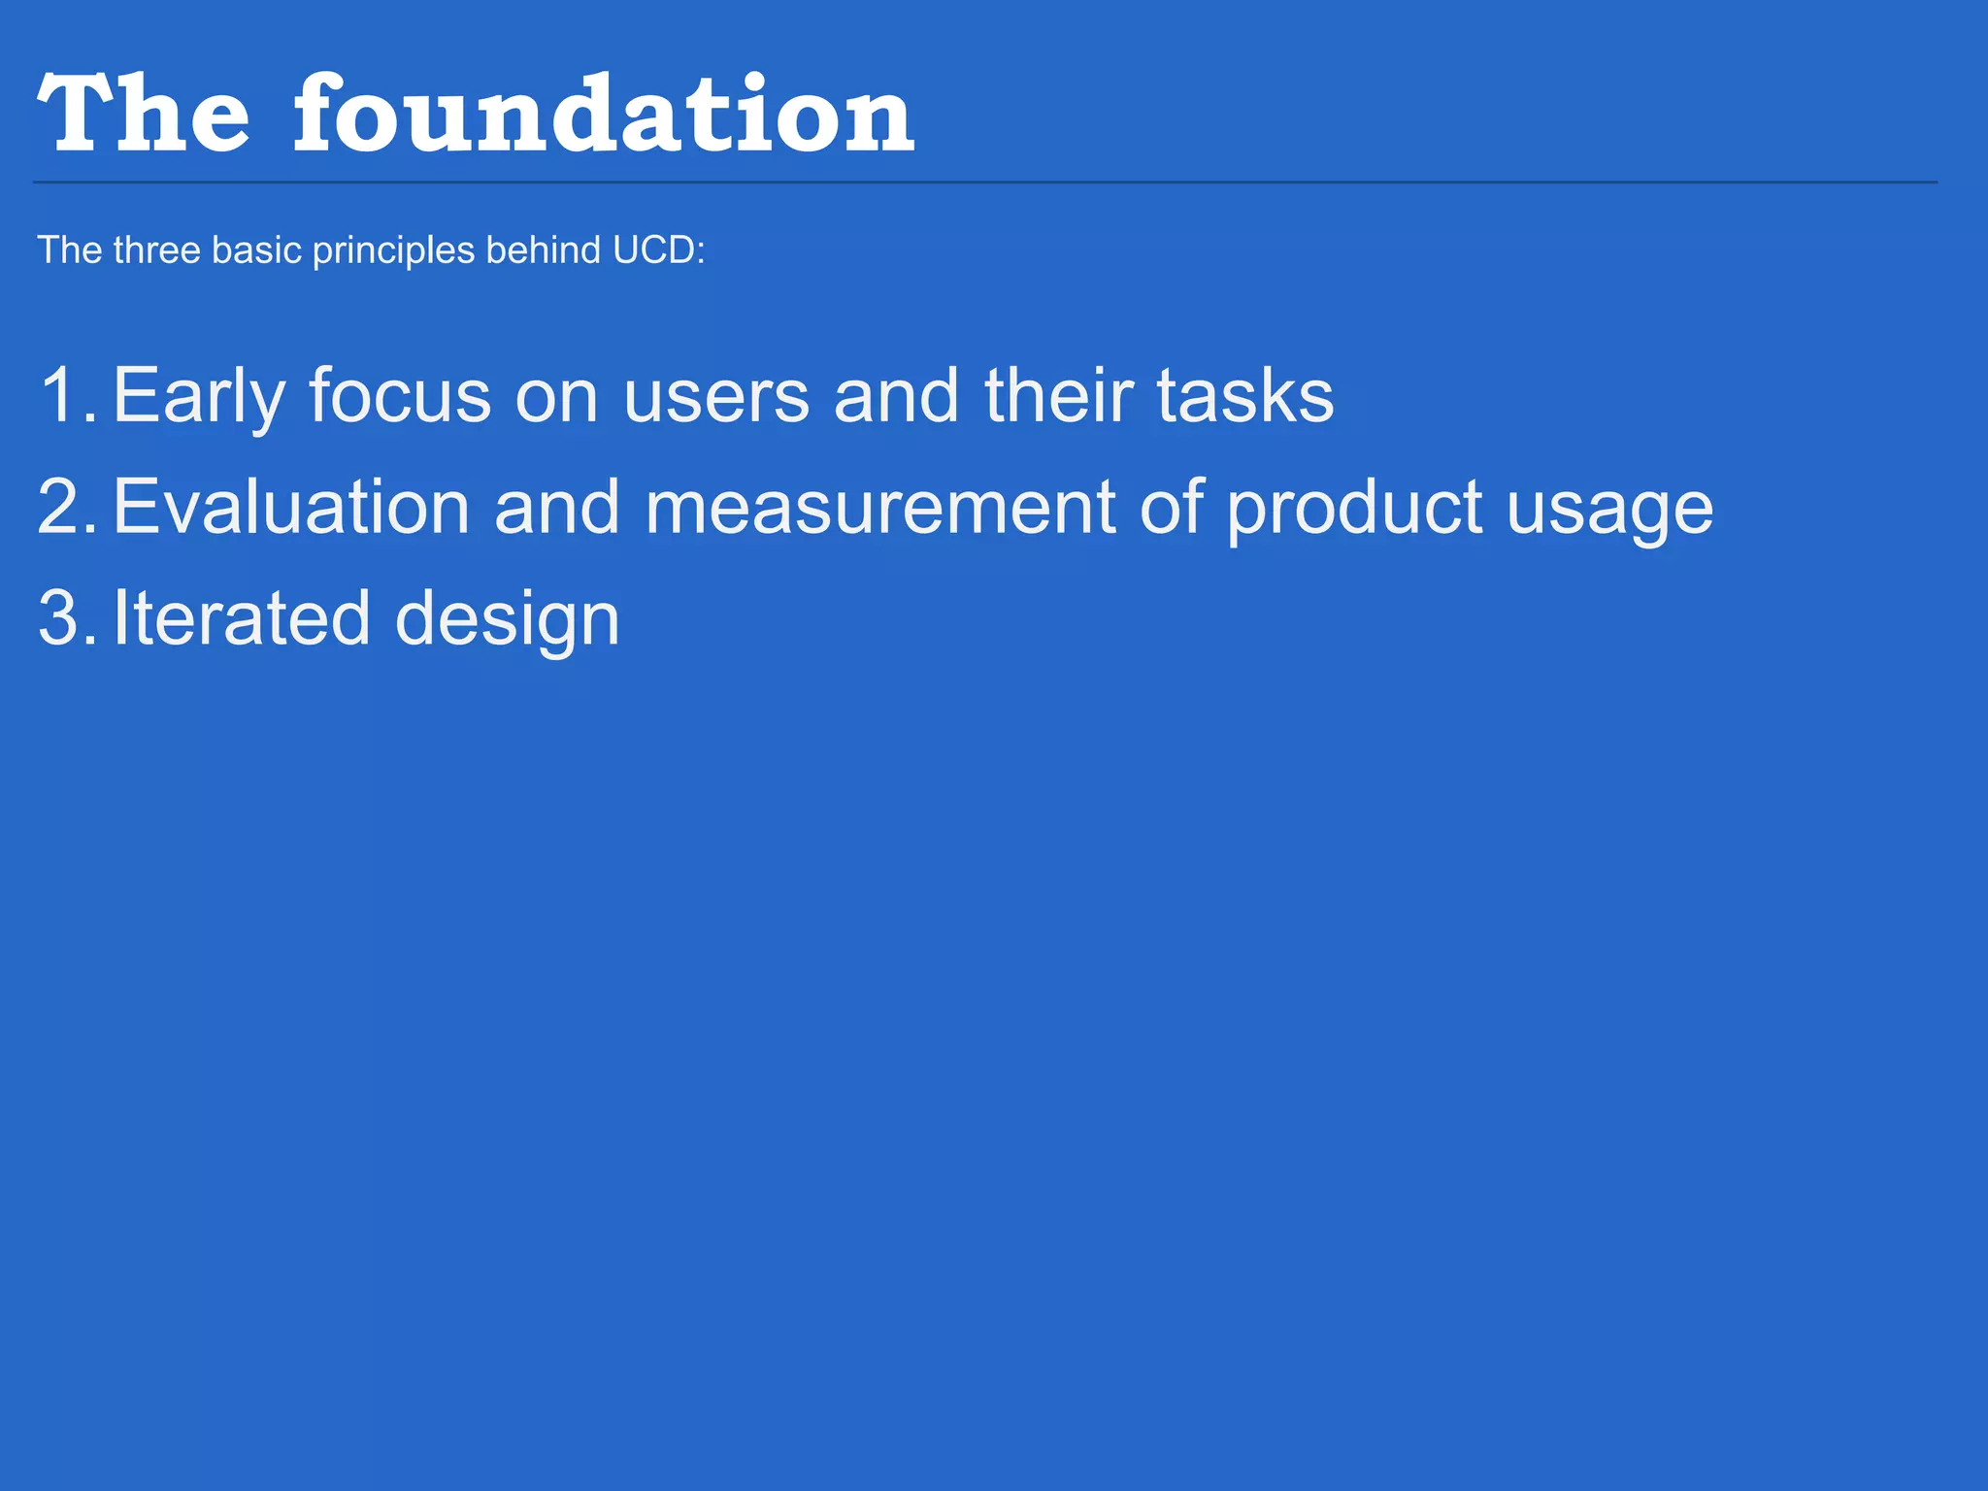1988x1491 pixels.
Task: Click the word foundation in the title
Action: point(604,115)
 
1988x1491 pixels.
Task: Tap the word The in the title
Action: point(144,115)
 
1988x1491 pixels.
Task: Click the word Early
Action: point(199,396)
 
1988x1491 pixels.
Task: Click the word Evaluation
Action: point(291,507)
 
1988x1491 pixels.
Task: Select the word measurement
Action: point(879,507)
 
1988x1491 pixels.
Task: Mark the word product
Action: point(1354,507)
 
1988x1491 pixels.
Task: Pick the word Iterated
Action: point(242,618)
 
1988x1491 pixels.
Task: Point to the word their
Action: point(1058,396)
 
